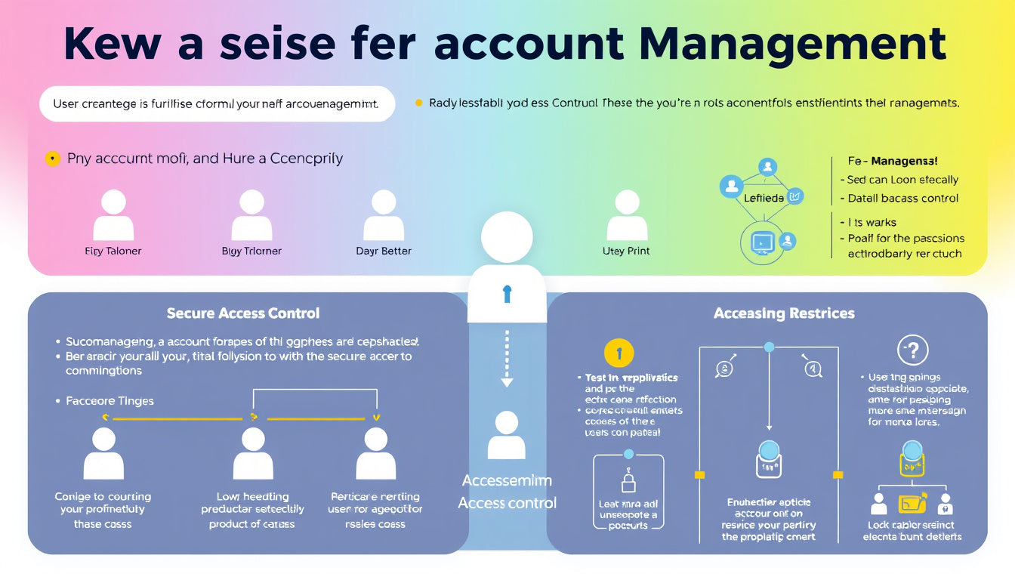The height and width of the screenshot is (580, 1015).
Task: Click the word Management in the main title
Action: [792, 44]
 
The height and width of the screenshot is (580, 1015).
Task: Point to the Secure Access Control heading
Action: [243, 313]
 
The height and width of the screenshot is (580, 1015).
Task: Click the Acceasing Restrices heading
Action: [784, 313]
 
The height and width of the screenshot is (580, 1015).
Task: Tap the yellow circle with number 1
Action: [619, 353]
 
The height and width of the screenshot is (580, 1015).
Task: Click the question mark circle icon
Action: [912, 350]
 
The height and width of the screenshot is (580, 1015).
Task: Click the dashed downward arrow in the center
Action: [507, 358]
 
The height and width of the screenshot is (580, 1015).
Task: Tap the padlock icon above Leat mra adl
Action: [628, 481]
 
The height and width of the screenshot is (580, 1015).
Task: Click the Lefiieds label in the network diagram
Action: [764, 197]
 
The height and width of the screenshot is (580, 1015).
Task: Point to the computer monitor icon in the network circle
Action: [762, 242]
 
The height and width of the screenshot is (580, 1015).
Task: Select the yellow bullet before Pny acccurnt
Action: [52, 159]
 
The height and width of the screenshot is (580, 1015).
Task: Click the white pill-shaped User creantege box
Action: [217, 103]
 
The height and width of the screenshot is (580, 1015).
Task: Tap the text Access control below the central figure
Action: [507, 503]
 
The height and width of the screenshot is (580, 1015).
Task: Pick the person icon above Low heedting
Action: [253, 453]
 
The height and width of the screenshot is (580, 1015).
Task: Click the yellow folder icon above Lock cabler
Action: [912, 504]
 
